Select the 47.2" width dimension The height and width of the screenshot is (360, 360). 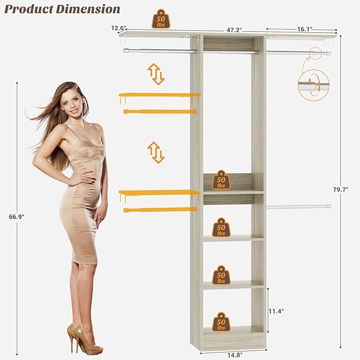[234, 31]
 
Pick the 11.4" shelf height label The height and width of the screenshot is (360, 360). [276, 311]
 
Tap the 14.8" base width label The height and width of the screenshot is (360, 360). [233, 355]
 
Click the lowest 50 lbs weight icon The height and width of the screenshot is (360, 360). [221, 322]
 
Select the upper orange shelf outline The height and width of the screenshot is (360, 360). [160, 95]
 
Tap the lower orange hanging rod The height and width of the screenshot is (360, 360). [160, 210]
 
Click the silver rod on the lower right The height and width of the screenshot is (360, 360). [298, 206]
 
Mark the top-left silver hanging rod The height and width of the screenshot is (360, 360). [160, 51]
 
